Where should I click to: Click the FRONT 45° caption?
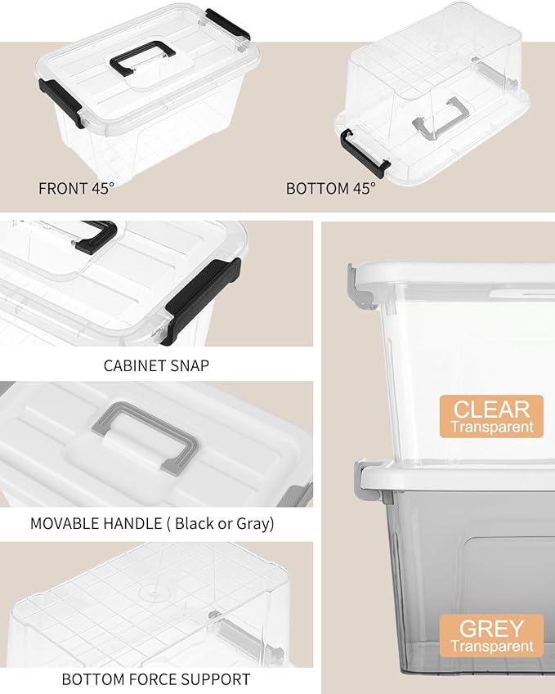(x=76, y=189)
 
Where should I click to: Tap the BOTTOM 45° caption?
(x=330, y=189)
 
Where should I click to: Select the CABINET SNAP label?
(x=156, y=365)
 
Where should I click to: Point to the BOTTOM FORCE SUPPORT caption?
(x=156, y=679)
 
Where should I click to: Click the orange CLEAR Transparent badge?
(x=491, y=417)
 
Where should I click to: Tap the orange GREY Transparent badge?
(x=491, y=636)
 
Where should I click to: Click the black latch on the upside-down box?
(x=363, y=153)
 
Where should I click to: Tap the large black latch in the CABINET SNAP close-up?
(x=201, y=301)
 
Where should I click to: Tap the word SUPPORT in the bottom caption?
(x=216, y=679)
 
